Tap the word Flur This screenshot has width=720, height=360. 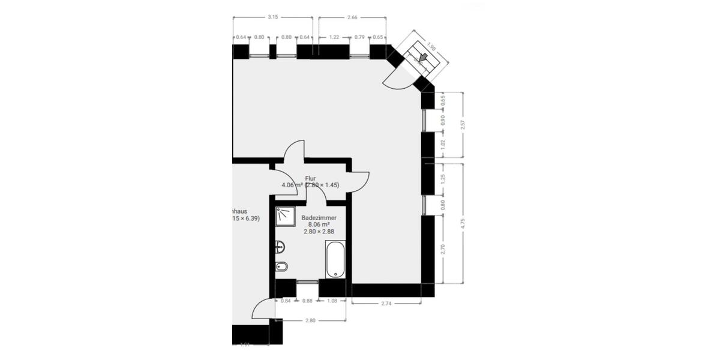310,178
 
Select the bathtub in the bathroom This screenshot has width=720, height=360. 335,259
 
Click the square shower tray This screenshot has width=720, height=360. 285,217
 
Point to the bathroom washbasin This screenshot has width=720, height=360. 280,246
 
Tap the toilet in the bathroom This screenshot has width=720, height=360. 281,266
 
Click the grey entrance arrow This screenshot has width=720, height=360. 423,58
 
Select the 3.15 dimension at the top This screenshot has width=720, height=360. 272,17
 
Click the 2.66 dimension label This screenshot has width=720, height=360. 352,17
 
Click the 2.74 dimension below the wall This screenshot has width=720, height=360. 386,304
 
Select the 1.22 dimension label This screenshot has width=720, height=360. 335,37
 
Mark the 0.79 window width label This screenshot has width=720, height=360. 359,37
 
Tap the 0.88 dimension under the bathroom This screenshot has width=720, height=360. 307,301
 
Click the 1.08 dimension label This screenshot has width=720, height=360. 332,301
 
